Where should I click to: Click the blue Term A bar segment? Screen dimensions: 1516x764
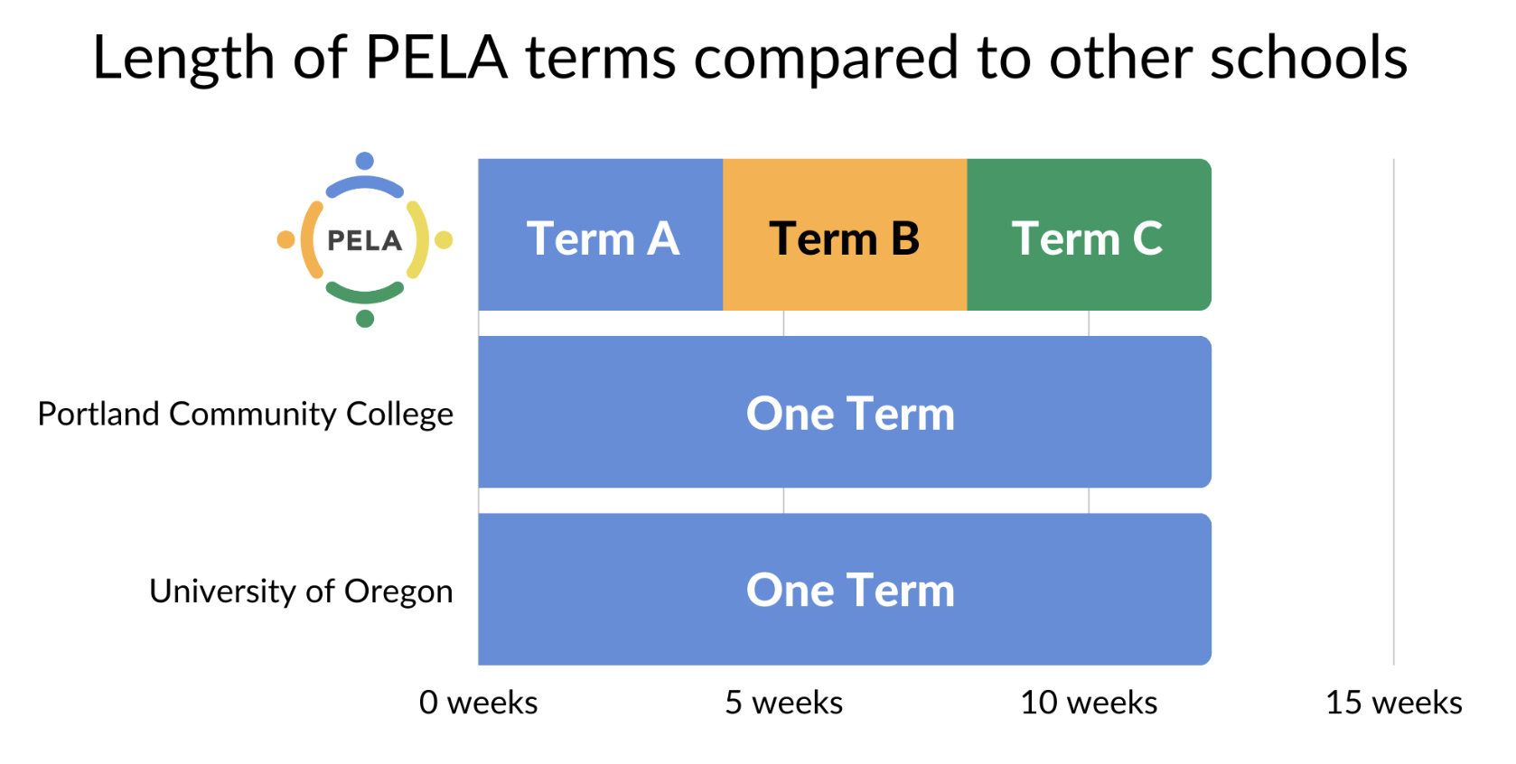pyautogui.click(x=600, y=235)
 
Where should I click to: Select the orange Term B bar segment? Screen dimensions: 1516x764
pyautogui.click(x=845, y=235)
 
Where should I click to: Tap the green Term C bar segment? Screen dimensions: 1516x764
pyautogui.click(x=1089, y=235)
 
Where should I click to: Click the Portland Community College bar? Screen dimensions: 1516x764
pyautogui.click(x=845, y=412)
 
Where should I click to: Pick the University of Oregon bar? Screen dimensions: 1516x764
pyautogui.click(x=845, y=590)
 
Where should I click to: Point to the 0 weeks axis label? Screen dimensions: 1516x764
pyautogui.click(x=479, y=703)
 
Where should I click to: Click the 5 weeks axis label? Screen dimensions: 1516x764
pyautogui.click(x=783, y=703)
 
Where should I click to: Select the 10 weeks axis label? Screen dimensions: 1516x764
pyautogui.click(x=1089, y=703)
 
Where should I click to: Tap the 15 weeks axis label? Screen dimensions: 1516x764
pyautogui.click(x=1394, y=703)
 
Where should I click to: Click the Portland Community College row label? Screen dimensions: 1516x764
pyautogui.click(x=245, y=415)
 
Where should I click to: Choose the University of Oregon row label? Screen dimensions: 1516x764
pyautogui.click(x=301, y=592)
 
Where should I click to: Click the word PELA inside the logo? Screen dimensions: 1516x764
pyautogui.click(x=365, y=240)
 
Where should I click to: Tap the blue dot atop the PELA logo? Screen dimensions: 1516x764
pyautogui.click(x=365, y=161)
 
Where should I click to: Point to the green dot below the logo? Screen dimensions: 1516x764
pyautogui.click(x=365, y=318)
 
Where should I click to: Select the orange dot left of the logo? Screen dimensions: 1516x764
pyautogui.click(x=286, y=239)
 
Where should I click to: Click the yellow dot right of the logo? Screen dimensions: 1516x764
pyautogui.click(x=444, y=239)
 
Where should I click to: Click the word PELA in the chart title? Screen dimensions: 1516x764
pyautogui.click(x=436, y=58)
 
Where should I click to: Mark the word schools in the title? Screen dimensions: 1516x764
pyautogui.click(x=1309, y=57)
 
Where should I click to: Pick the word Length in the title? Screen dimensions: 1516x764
pyautogui.click(x=183, y=60)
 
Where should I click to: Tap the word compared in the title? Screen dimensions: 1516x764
pyautogui.click(x=825, y=61)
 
